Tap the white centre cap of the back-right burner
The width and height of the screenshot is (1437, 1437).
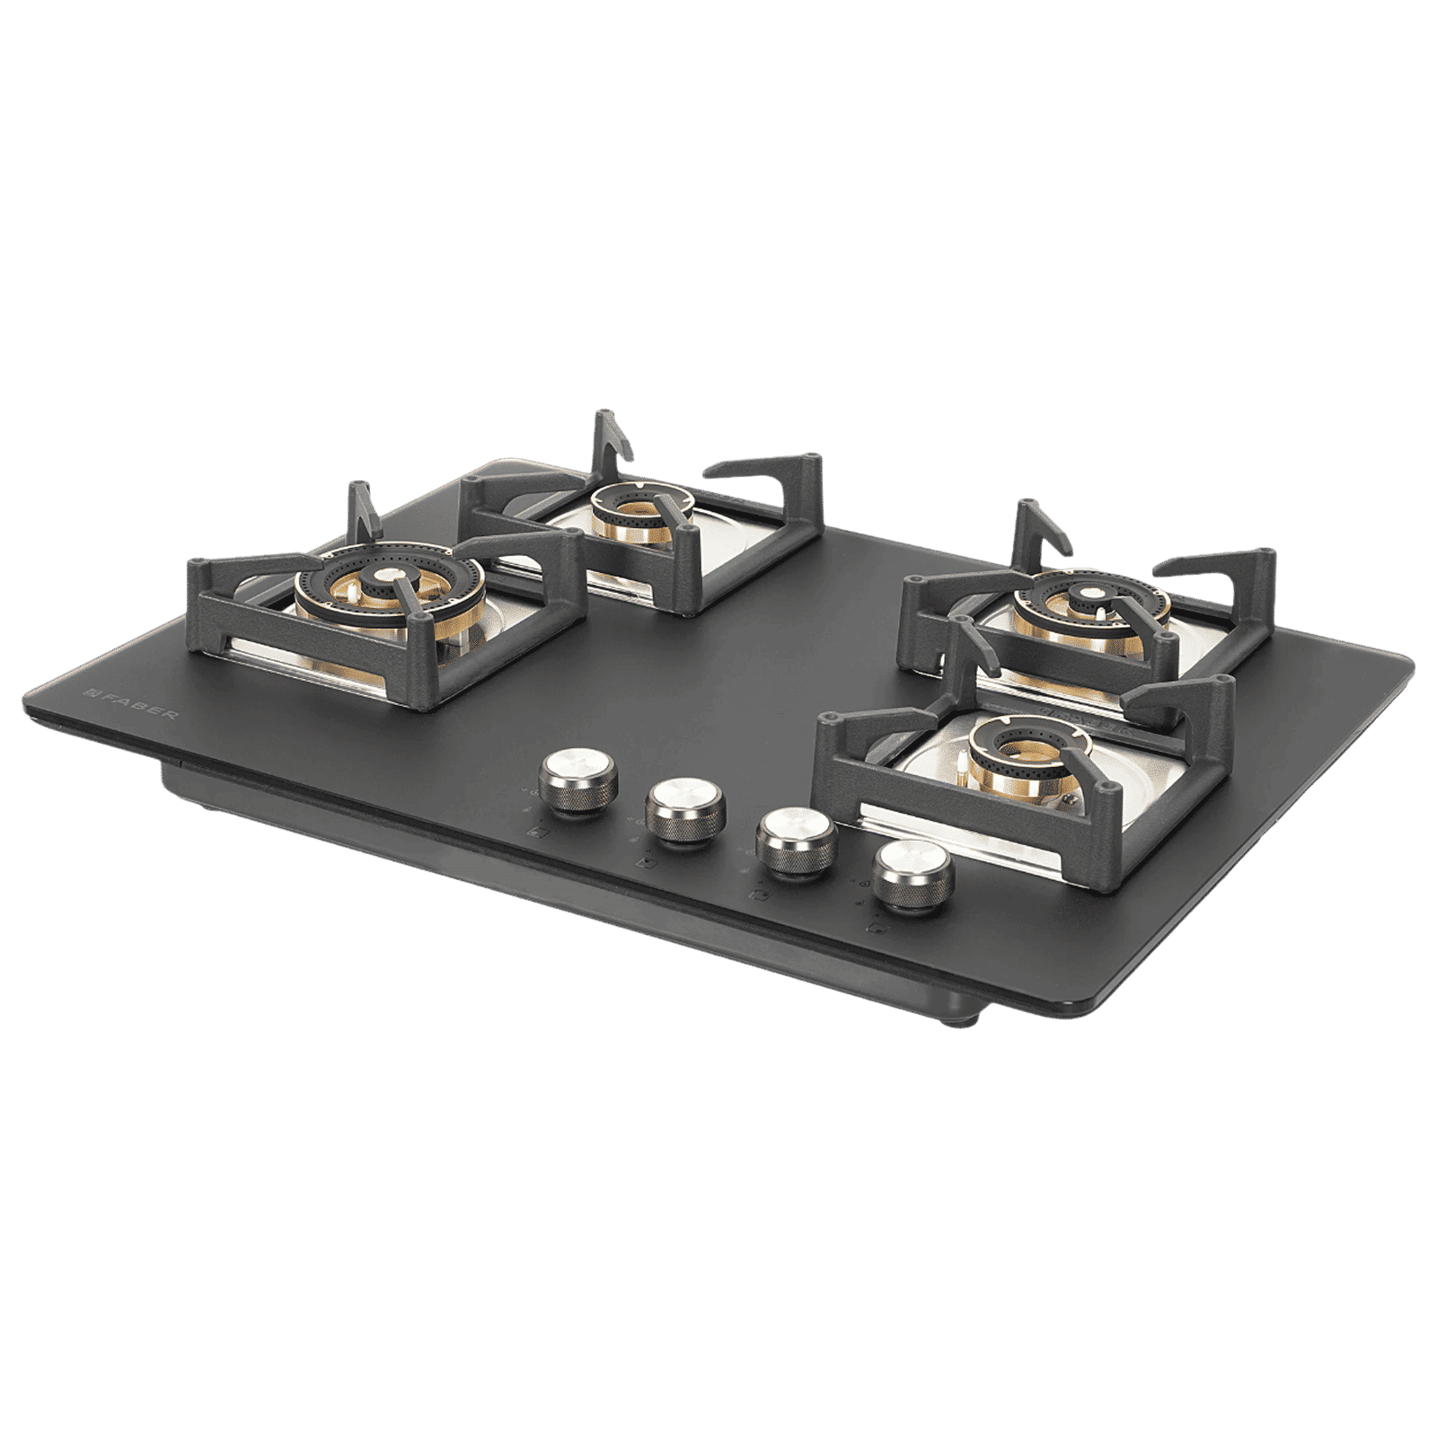click(x=1091, y=593)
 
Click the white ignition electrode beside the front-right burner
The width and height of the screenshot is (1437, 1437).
click(x=964, y=766)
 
